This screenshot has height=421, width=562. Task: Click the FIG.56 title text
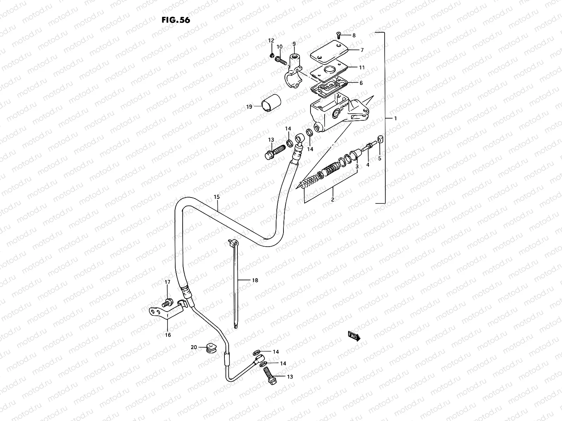(176, 20)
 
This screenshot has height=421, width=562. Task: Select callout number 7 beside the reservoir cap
(361, 50)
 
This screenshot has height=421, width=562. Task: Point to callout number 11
(361, 67)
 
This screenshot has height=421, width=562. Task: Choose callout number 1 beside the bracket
(395, 119)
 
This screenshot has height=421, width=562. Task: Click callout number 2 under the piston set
(332, 199)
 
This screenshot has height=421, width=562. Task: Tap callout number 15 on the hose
(216, 198)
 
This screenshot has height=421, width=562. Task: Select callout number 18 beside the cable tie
(255, 280)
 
